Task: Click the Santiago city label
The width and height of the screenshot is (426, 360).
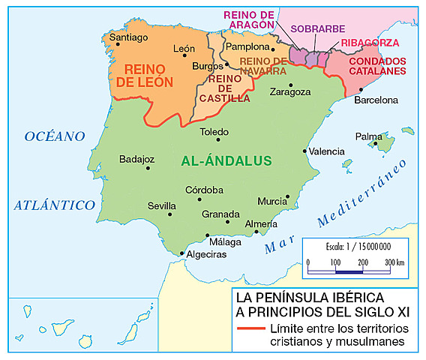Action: [x=128, y=37]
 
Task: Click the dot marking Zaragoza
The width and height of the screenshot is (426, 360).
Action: [x=285, y=82]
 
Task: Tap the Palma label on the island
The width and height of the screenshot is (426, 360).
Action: [x=368, y=136]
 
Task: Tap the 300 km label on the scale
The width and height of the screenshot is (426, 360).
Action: [x=394, y=262]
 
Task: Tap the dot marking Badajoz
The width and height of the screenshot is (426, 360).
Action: [x=148, y=168]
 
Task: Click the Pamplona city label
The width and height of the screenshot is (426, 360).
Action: [x=249, y=46]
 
